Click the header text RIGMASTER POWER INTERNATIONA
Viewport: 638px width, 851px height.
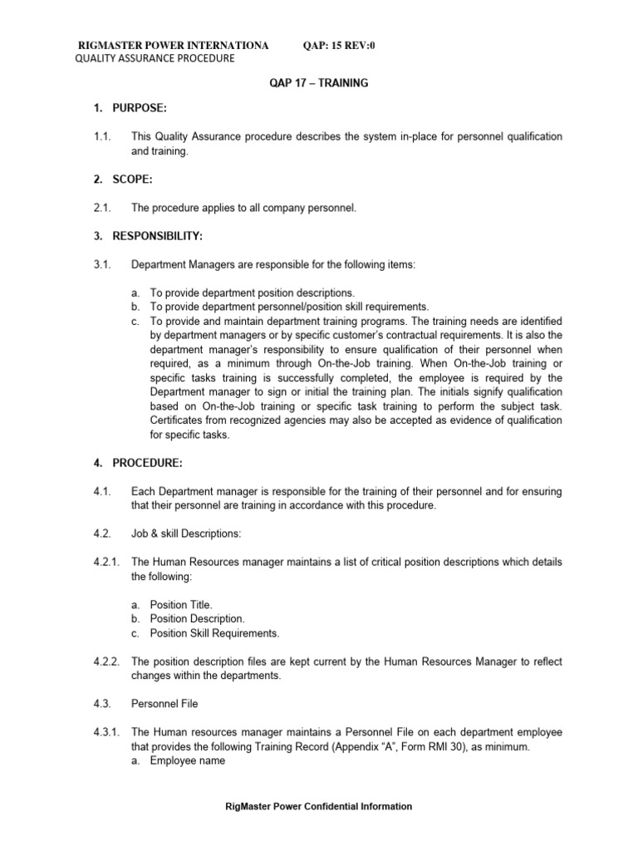point(173,45)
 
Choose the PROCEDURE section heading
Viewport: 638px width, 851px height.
point(134,462)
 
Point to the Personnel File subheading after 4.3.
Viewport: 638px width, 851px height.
point(164,704)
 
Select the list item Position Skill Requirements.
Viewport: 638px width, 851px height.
point(214,633)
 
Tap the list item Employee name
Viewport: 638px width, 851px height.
point(187,760)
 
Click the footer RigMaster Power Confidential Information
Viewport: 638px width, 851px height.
point(320,806)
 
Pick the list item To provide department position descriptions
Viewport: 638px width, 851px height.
point(252,293)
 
